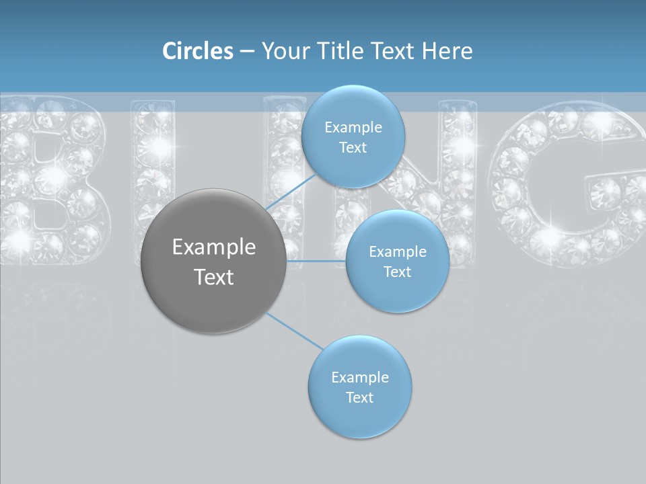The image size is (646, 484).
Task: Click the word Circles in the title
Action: coord(197,51)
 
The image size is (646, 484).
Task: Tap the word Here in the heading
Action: coord(447,51)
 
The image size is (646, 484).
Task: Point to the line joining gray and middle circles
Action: coord(316,261)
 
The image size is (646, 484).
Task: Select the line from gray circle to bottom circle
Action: coord(294,330)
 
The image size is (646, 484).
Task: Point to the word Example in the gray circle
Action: coord(213,247)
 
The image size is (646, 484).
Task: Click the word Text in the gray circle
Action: coord(213,277)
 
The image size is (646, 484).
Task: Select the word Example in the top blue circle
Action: coord(353,128)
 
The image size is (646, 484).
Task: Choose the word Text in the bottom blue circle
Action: coord(359,397)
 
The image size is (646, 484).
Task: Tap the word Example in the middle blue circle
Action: coord(397,252)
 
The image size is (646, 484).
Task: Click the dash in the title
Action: coord(247,51)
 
